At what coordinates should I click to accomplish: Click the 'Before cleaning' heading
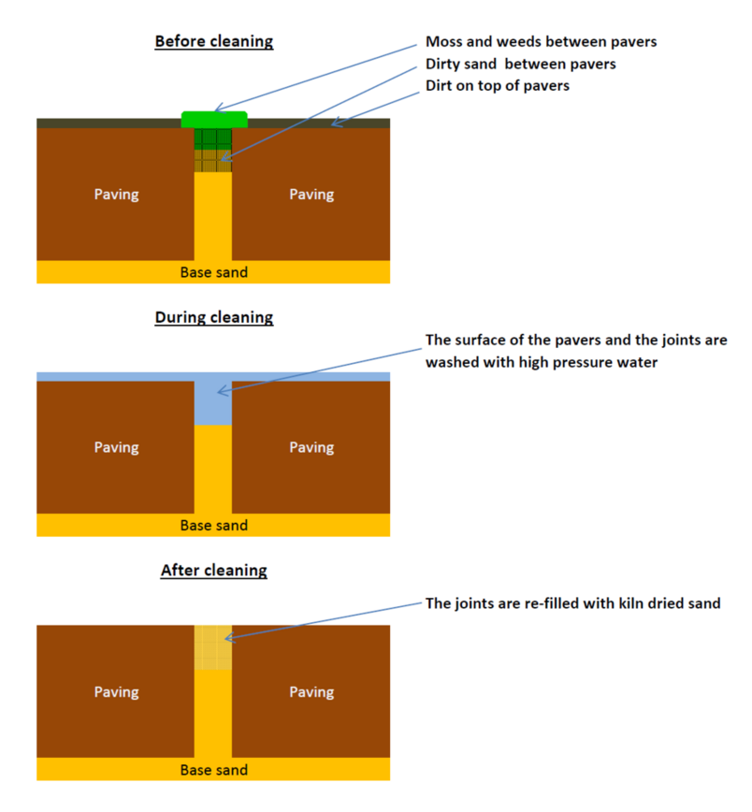[213, 41]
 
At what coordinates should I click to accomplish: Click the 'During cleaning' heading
[213, 317]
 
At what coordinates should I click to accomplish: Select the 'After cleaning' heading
[213, 570]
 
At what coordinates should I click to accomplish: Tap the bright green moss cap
[213, 119]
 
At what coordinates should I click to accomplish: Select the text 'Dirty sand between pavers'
[520, 64]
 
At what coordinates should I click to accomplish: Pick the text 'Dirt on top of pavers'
[497, 85]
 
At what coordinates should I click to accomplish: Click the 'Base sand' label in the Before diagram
[213, 272]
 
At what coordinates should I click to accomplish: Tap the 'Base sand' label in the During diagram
[213, 525]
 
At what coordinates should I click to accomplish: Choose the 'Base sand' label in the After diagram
[213, 769]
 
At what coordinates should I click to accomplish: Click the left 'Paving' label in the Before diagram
[116, 195]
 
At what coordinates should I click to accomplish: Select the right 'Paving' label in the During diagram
[311, 447]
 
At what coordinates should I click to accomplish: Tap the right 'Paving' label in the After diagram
[311, 692]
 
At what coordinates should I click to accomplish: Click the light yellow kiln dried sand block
[212, 647]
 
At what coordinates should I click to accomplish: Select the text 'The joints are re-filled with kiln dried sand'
[572, 603]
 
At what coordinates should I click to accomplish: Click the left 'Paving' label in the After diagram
[116, 692]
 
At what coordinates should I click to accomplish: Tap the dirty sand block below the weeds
[212, 161]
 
